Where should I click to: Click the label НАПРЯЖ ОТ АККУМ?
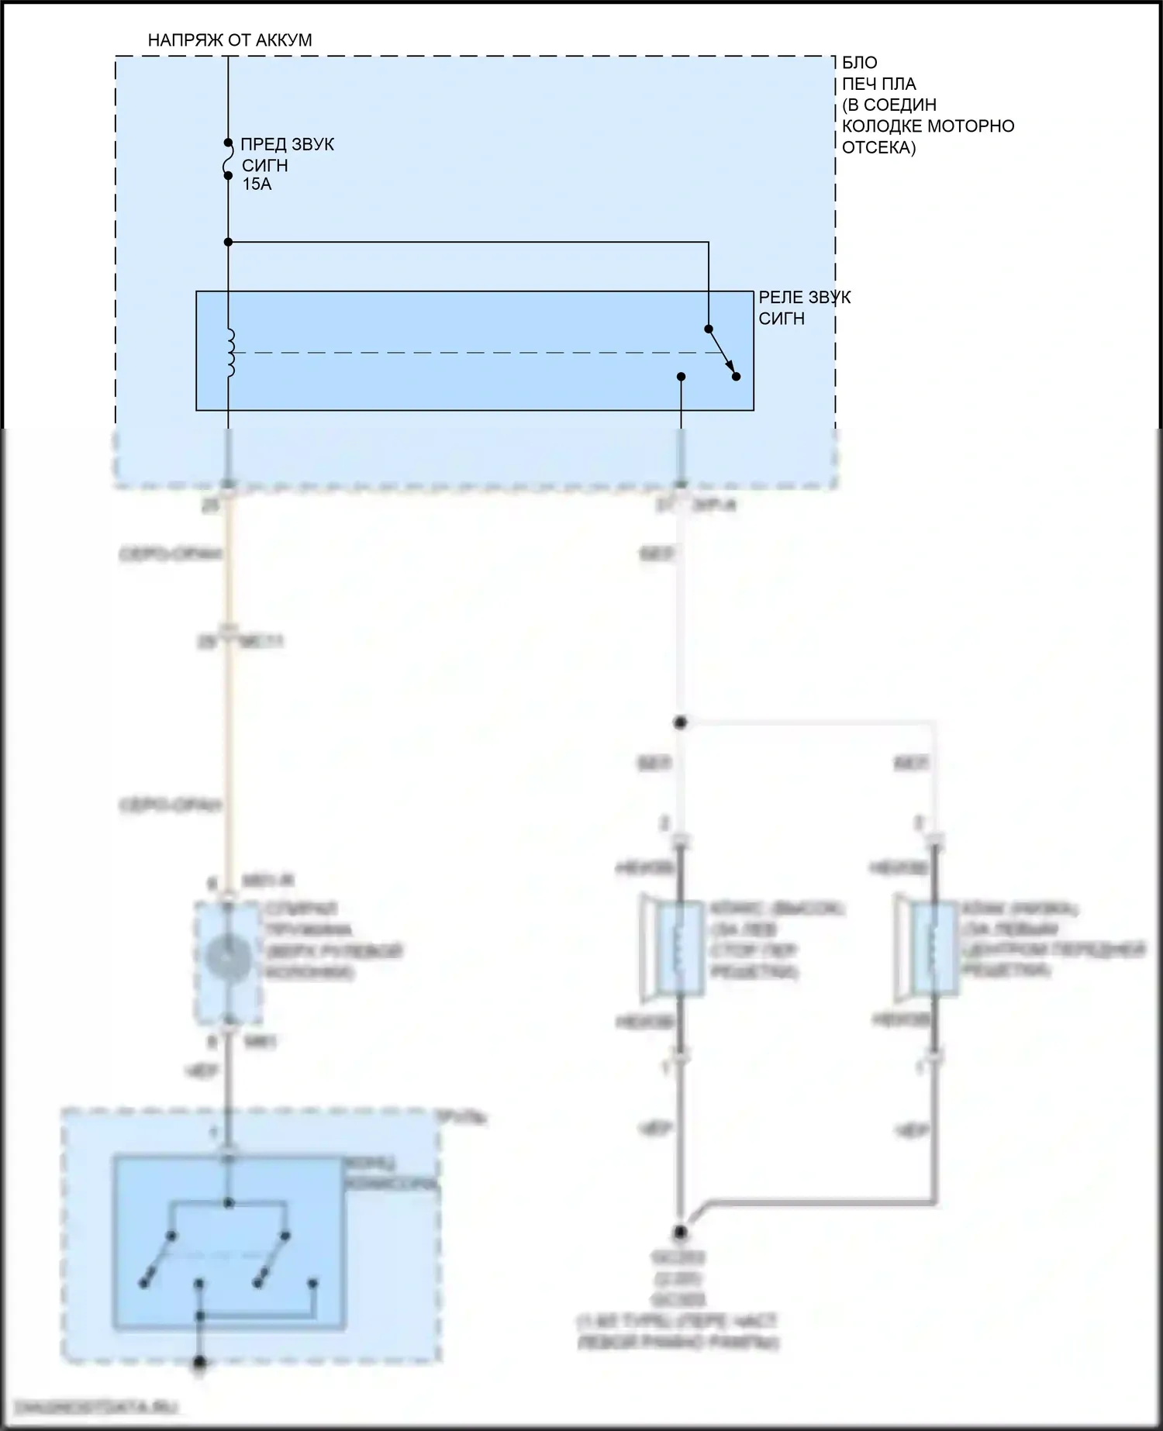(x=229, y=40)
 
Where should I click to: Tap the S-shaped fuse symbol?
(x=228, y=160)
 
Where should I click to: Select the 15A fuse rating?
(x=257, y=184)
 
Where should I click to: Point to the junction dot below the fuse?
(x=228, y=243)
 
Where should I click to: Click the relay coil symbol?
(x=229, y=353)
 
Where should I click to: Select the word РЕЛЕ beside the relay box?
(x=782, y=298)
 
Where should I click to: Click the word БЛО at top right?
(x=860, y=63)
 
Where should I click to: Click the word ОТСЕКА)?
(x=878, y=147)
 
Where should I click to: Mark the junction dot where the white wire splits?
(x=680, y=723)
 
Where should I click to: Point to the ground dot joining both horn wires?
(x=680, y=1230)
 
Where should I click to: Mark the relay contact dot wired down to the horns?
(x=681, y=377)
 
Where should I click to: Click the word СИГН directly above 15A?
(x=264, y=165)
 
